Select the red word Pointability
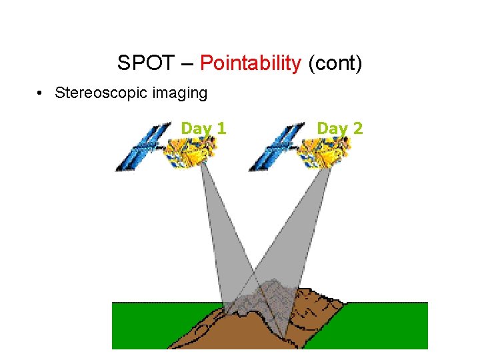pos(251,63)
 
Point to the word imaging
pos(179,93)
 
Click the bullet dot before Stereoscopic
pos(41,93)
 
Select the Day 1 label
pos(203,127)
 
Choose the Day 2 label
pos(340,127)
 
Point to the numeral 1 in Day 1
pos(221,127)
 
